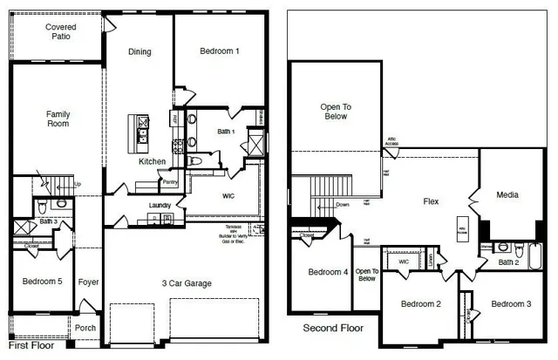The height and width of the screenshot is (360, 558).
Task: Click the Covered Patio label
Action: tap(62, 32)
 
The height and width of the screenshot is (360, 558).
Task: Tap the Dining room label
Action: tap(139, 51)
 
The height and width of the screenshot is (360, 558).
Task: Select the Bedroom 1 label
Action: tap(220, 51)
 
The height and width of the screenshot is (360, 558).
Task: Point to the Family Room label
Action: tap(58, 119)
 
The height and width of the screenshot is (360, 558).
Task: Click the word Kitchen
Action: tap(153, 161)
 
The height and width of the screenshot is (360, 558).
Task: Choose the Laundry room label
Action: tap(160, 206)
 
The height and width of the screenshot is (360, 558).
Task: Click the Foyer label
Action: tap(89, 282)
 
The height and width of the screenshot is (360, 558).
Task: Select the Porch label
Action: tap(85, 328)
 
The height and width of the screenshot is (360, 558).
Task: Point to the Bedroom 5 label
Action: tap(42, 282)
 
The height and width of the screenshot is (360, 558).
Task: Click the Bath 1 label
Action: tap(227, 132)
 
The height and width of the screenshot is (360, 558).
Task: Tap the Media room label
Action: tap(507, 194)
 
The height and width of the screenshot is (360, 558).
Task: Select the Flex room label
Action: tap(431, 201)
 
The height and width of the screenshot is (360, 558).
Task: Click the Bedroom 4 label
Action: tap(328, 272)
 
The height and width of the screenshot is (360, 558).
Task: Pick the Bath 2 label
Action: tap(509, 262)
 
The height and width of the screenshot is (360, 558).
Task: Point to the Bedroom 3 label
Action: tap(511, 303)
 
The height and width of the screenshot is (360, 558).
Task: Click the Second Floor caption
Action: tap(332, 329)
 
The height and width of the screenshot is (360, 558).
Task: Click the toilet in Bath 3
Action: tap(61, 204)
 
